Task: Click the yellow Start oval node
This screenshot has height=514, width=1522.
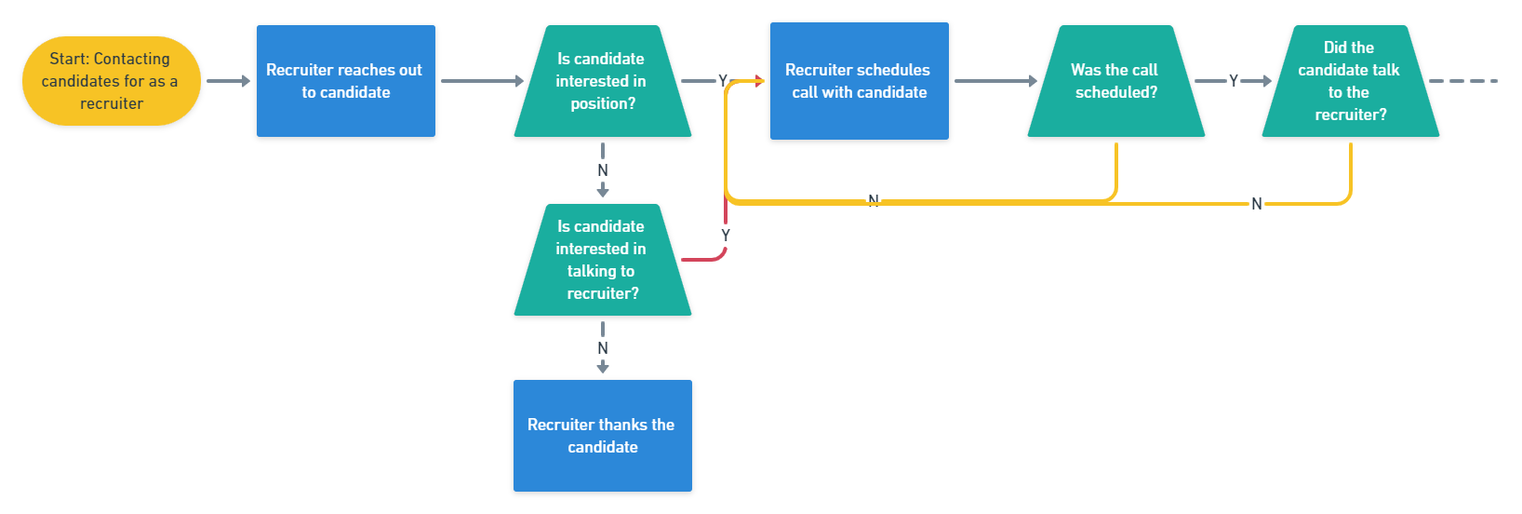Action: click(112, 81)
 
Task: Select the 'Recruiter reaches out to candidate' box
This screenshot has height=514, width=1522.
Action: click(345, 81)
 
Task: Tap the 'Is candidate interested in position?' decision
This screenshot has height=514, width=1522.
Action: click(602, 81)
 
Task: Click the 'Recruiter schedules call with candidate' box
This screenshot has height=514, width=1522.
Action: click(859, 81)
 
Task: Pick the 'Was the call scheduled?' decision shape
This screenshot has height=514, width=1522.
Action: click(1115, 81)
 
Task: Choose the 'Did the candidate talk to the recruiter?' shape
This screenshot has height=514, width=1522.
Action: click(1350, 81)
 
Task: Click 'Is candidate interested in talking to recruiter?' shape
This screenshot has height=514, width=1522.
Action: click(602, 260)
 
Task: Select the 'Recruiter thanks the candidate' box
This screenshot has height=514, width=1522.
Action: click(602, 436)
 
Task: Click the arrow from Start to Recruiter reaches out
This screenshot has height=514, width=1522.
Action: click(228, 81)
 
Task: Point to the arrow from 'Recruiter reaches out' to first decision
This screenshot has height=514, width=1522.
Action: click(481, 81)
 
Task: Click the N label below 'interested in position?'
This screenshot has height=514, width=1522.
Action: click(603, 170)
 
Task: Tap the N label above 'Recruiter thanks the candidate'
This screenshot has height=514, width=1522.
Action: click(603, 348)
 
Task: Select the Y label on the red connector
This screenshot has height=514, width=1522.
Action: click(726, 236)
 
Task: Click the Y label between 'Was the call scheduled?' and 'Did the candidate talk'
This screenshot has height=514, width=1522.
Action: click(1234, 81)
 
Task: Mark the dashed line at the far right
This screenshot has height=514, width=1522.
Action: click(1463, 81)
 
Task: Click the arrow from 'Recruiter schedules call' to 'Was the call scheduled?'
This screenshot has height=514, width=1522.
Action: click(995, 81)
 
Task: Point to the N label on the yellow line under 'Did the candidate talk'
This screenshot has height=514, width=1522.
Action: click(1257, 204)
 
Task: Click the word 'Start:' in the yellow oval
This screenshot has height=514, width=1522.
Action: click(69, 59)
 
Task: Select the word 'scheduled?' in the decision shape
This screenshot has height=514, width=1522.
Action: click(1116, 92)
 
